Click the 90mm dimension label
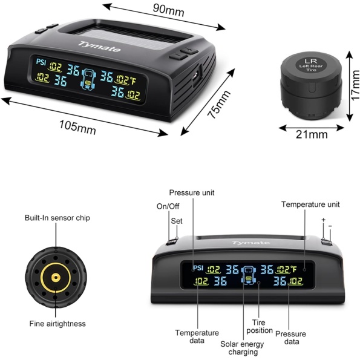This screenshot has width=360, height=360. [169, 10]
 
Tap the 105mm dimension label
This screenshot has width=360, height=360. [77, 128]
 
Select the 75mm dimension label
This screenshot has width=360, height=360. [219, 105]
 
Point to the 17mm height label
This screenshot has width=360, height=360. [355, 85]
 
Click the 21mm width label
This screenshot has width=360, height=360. [312, 134]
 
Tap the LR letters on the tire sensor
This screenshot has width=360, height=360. [310, 61]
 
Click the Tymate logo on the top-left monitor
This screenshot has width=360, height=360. [99, 47]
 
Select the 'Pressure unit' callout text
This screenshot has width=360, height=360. [192, 192]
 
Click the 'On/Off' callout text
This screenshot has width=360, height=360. [168, 206]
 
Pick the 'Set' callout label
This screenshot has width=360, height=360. [177, 221]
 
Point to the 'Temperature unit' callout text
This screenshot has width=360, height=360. [310, 205]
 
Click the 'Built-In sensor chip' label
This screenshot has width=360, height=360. [57, 218]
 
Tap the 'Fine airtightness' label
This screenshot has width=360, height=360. [57, 324]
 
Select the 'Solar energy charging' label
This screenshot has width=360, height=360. [243, 348]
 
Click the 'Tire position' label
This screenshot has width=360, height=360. [259, 327]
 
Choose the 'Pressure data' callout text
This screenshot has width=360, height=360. [291, 337]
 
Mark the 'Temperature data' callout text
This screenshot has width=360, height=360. [197, 336]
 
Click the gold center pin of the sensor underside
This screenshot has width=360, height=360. [56, 278]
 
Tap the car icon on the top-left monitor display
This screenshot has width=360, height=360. [88, 79]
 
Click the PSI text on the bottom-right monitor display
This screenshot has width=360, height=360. [198, 267]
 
